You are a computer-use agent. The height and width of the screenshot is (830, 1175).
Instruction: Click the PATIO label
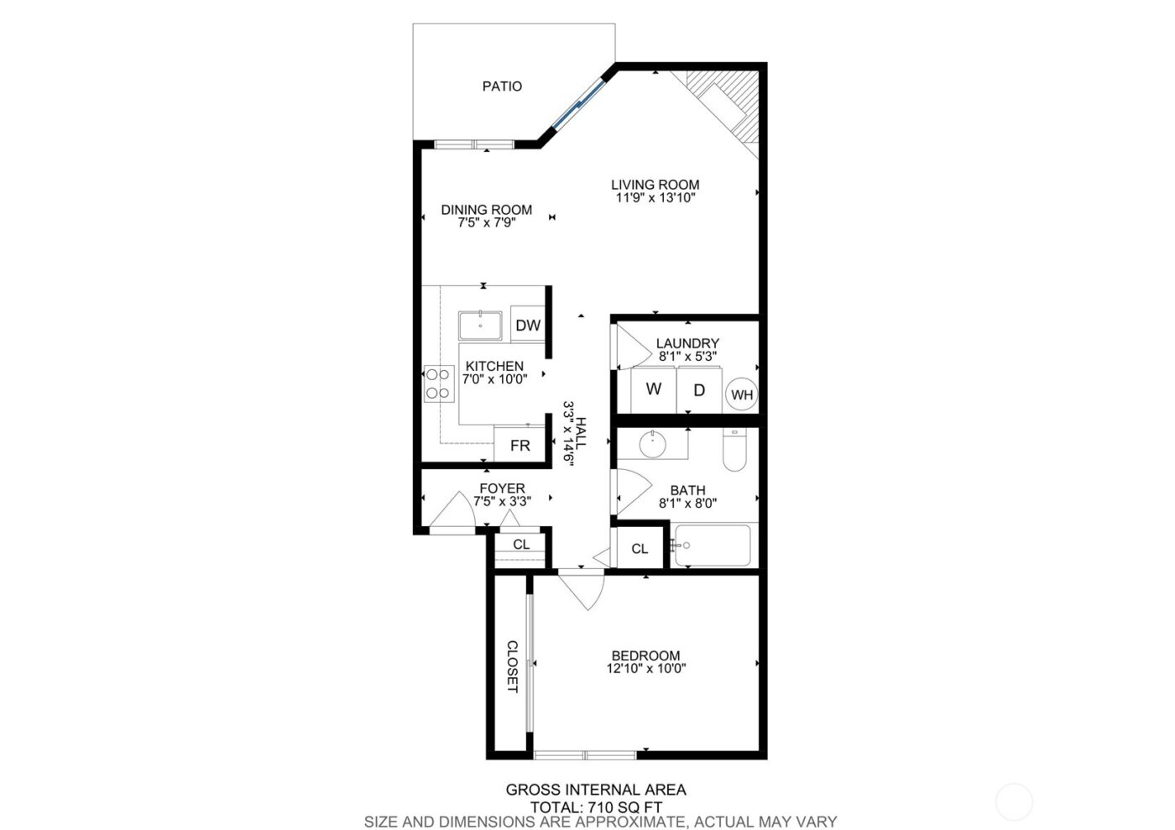(502, 86)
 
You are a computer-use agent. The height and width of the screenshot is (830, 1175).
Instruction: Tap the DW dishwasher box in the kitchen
(527, 326)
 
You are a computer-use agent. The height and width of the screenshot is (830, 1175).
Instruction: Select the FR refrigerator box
(520, 446)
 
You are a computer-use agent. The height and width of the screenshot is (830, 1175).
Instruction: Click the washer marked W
(654, 389)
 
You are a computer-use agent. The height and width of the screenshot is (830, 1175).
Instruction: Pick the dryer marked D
(699, 389)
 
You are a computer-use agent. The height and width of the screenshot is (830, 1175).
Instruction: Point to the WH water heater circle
(742, 394)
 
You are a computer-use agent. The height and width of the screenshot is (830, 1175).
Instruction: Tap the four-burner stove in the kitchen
(436, 384)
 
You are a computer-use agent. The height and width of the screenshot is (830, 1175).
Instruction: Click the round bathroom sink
(653, 443)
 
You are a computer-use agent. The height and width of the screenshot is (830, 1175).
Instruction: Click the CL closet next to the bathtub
(640, 549)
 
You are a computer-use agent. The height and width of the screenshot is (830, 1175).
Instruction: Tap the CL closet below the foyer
(521, 545)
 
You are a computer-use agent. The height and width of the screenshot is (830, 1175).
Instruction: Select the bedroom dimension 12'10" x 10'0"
(645, 670)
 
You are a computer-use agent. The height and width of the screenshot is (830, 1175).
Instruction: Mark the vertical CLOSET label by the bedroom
(512, 667)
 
